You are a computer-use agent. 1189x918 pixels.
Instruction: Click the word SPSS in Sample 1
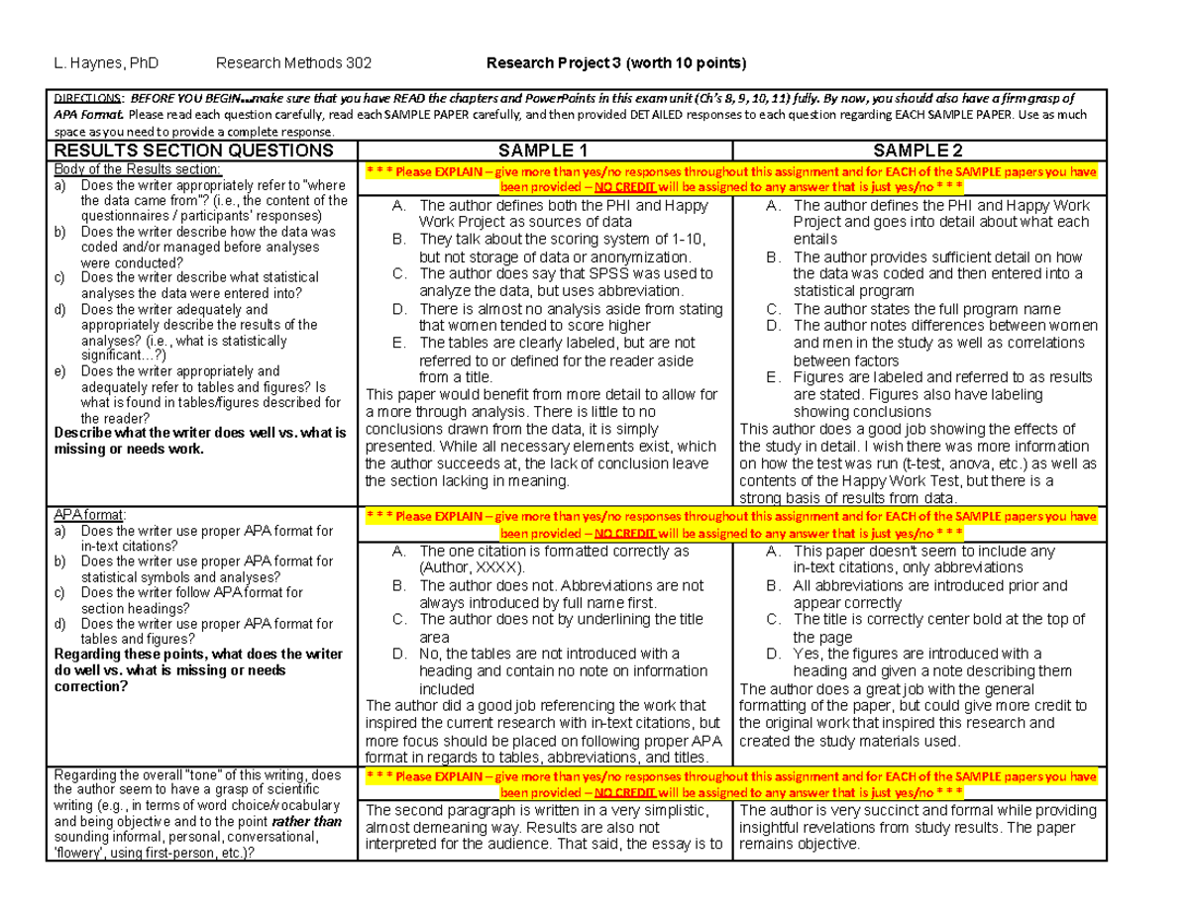pyautogui.click(x=589, y=273)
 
